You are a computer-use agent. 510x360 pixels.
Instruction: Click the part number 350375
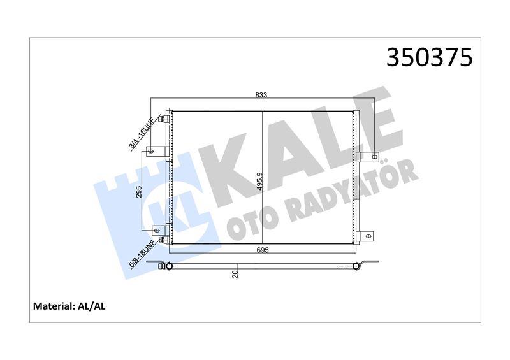430,57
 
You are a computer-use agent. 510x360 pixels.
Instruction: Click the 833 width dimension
261,95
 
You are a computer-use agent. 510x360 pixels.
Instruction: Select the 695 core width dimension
263,250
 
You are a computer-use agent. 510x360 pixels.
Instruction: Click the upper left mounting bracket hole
152,151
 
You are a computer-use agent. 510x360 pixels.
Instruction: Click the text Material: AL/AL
69,306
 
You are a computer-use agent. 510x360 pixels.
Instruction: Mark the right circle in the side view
356,265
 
